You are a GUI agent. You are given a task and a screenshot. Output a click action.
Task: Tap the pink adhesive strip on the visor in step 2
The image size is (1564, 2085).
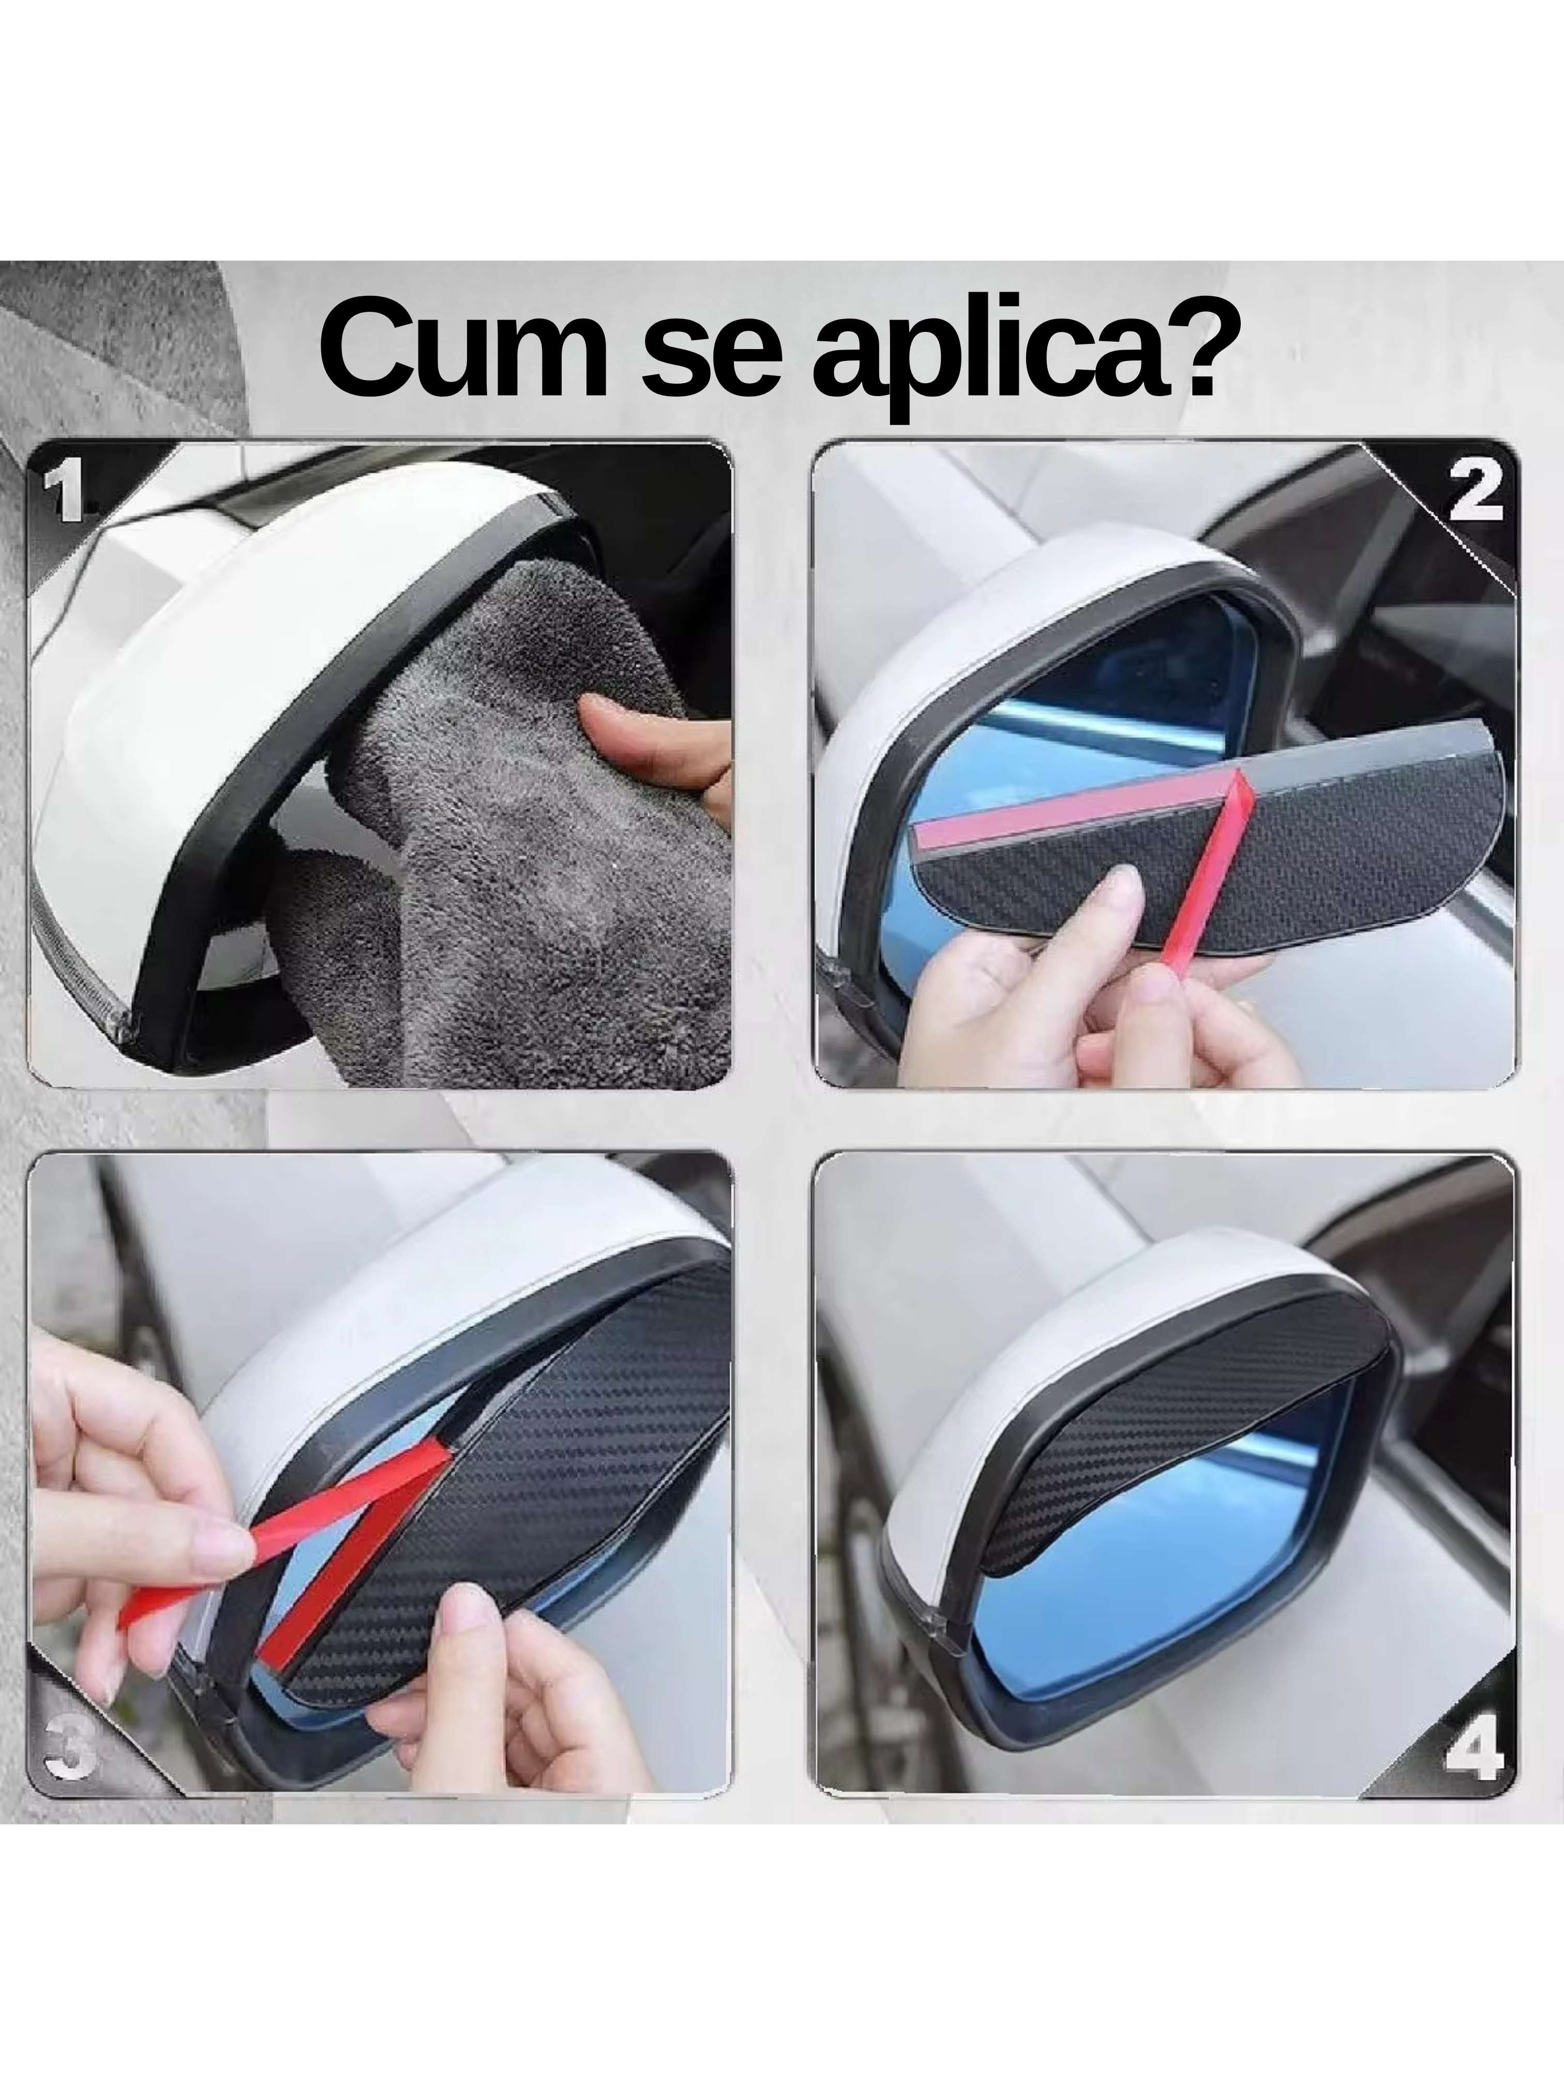(x=1065, y=806)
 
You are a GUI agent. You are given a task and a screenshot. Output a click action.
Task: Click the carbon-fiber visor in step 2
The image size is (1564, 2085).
(x=1339, y=849)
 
